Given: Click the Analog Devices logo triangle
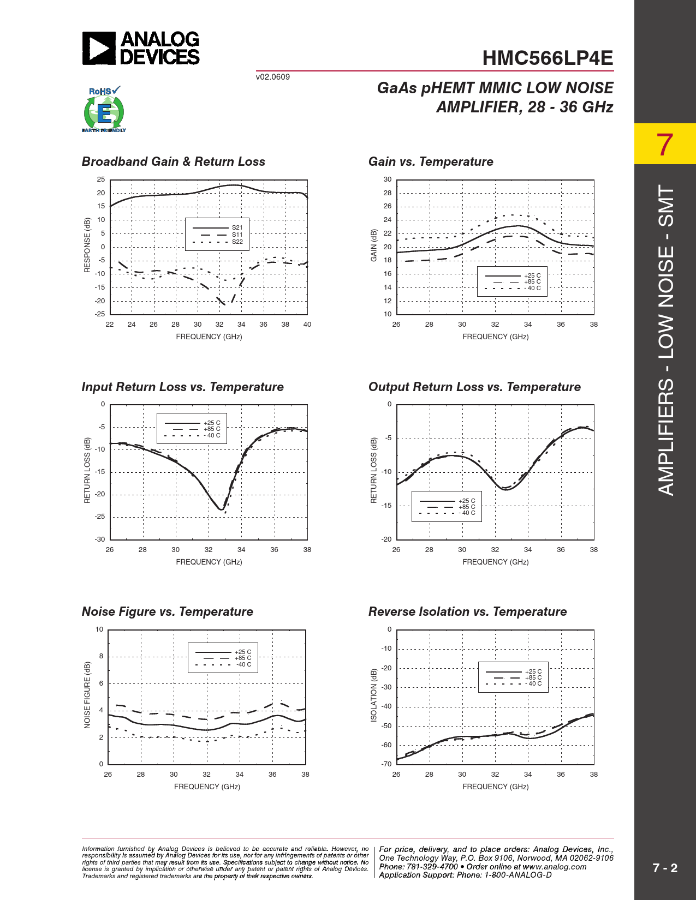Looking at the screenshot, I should click(99, 48).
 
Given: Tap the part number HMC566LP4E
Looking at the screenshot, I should click(548, 58).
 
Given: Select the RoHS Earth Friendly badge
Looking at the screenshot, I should click(104, 110).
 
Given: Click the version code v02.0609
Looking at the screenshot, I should click(273, 77).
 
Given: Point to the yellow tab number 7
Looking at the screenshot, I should click(664, 145).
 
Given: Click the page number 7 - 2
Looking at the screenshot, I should click(665, 868).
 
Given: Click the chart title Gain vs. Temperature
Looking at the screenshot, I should click(431, 161).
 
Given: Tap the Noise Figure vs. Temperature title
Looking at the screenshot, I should click(167, 611).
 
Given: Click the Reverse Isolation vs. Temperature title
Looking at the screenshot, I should click(467, 611).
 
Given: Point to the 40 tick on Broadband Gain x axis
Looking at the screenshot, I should click(307, 325).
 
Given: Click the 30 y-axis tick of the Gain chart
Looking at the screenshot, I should click(388, 179).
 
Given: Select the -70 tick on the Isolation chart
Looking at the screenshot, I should click(386, 764).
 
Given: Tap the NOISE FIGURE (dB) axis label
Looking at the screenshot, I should click(87, 695).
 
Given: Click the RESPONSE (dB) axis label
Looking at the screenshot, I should click(87, 245).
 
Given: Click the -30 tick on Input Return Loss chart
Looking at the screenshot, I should click(100, 539).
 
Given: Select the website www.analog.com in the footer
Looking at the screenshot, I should click(555, 867).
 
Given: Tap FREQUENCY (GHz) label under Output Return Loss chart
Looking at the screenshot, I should click(495, 562).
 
